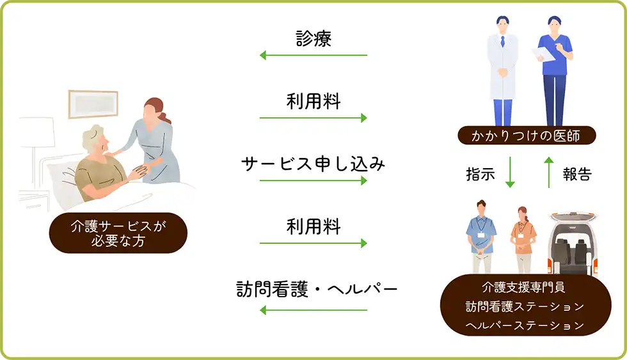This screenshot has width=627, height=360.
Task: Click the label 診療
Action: tap(313, 39)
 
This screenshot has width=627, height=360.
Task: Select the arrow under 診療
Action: tap(313, 56)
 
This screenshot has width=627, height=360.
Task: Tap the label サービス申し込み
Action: tap(313, 164)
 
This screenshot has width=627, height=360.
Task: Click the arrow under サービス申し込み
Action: tap(313, 181)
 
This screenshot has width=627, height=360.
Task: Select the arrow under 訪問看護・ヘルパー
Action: tap(313, 311)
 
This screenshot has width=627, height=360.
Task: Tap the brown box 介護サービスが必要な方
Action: tap(118, 233)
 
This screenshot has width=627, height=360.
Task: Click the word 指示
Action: tap(480, 174)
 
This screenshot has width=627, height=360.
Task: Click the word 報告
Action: tap(576, 174)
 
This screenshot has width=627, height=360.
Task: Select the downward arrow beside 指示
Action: tap(510, 173)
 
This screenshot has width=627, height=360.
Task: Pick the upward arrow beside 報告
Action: tap(548, 173)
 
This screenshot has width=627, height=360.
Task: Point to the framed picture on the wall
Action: tap(93, 102)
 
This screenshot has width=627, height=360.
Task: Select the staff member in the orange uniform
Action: tap(522, 237)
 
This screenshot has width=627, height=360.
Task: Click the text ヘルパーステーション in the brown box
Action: tap(525, 325)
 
